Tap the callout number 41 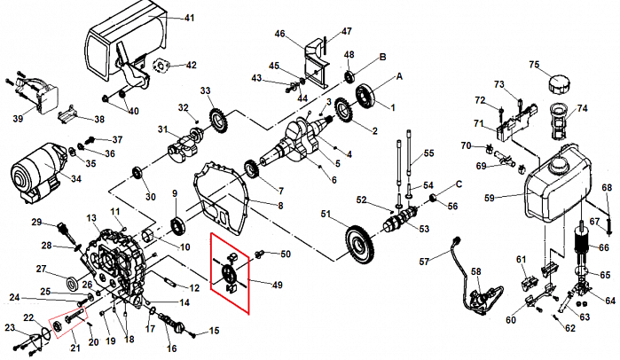tap(189, 18)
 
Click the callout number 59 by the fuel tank tap(489, 197)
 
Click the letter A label tap(399, 77)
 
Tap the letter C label tap(459, 184)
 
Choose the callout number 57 tap(423, 261)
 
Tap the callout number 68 tap(607, 188)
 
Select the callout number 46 tap(280, 35)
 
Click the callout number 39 tap(18, 119)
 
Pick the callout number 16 tap(171, 348)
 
